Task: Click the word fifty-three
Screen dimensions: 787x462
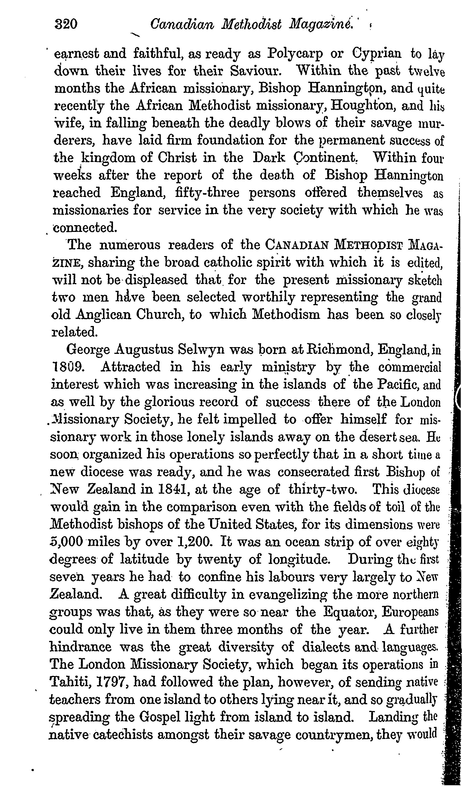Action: tap(207, 193)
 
